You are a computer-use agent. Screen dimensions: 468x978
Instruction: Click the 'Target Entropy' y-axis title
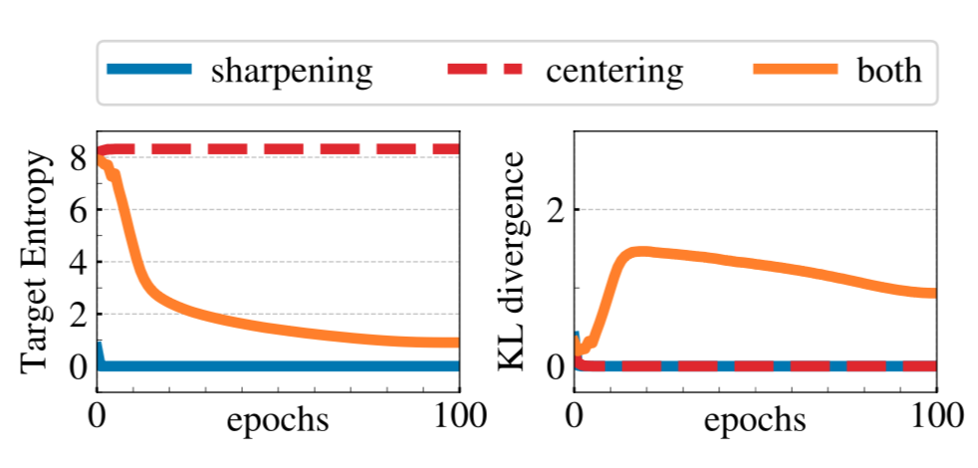tap(38, 261)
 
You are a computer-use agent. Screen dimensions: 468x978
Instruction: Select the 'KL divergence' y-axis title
tap(515, 261)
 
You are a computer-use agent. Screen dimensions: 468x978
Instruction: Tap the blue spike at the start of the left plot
tap(99, 348)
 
